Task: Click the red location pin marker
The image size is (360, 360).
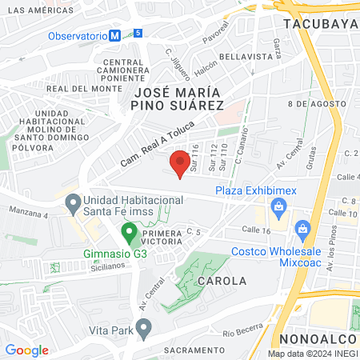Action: click(179, 163)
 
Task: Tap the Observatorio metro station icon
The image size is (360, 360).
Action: click(116, 35)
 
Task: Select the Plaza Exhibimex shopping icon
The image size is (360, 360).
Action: click(279, 210)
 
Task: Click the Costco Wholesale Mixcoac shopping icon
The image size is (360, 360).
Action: click(302, 230)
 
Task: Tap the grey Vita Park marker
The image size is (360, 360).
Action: click(143, 328)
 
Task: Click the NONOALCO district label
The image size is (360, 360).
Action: click(318, 340)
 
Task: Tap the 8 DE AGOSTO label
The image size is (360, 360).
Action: click(309, 104)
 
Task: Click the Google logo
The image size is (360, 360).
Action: click(27, 350)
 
